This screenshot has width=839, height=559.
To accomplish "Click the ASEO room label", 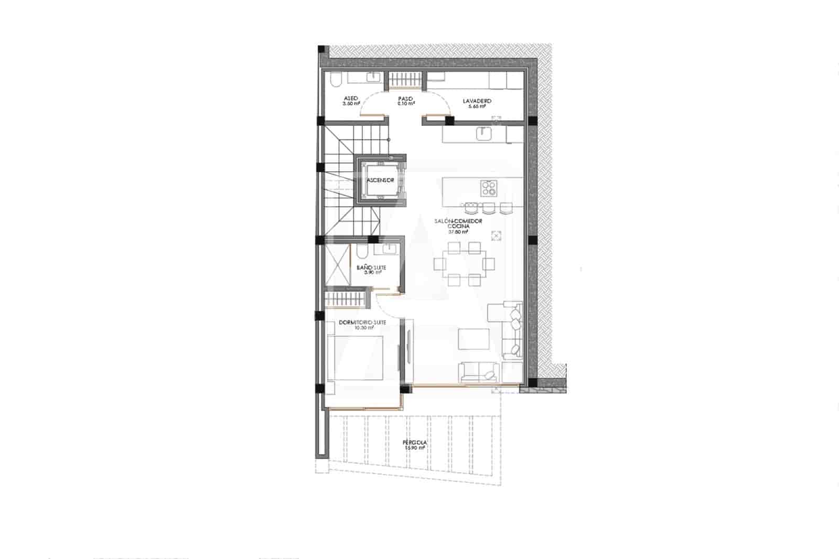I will [x=351, y=99].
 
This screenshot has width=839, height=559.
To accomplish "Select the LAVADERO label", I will [x=477, y=101].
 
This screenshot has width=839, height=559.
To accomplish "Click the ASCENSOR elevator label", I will [x=381, y=180].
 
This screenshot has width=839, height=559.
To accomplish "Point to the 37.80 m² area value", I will [x=458, y=231].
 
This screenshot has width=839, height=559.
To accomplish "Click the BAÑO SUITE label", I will [x=371, y=267].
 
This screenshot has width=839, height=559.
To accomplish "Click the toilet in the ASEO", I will [x=337, y=80].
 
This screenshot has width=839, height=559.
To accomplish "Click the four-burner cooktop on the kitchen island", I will [x=489, y=187].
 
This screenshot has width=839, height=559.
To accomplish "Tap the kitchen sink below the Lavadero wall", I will [x=483, y=134].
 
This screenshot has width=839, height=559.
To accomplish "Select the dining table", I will [x=465, y=264].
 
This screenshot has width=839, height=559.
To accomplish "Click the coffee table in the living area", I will [x=474, y=339].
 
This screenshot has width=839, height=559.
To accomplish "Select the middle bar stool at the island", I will [x=489, y=208].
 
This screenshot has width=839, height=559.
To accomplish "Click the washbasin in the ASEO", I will [x=373, y=78].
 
